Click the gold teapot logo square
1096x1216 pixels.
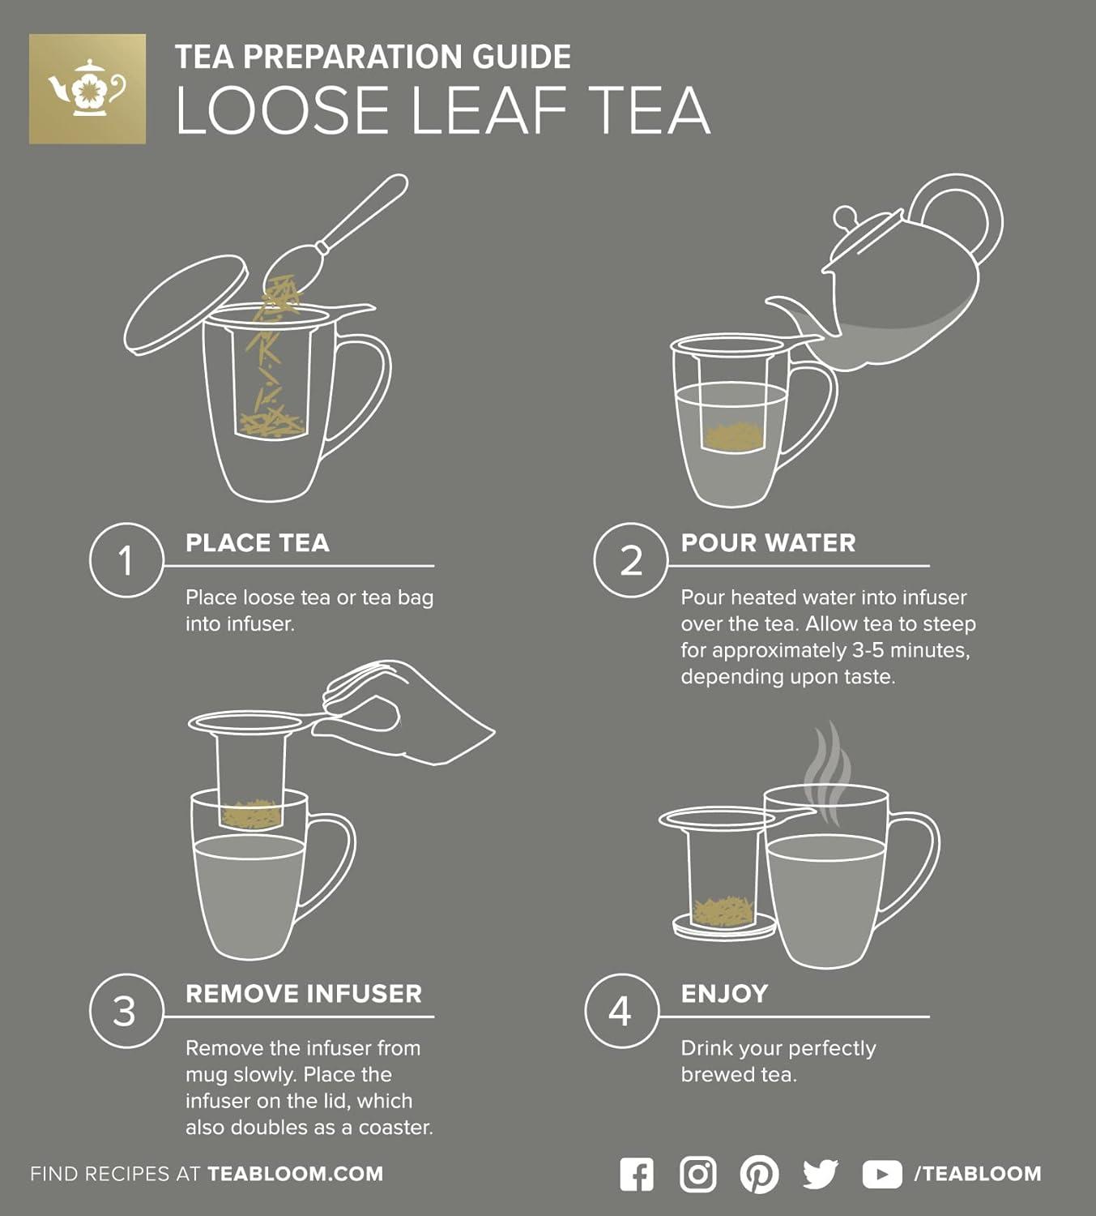click(x=87, y=89)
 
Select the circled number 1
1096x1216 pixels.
click(x=126, y=560)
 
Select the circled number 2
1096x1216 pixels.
click(x=630, y=560)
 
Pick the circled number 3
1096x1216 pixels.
click(x=125, y=1011)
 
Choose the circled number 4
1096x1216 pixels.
click(x=620, y=1011)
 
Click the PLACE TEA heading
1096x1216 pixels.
click(x=258, y=543)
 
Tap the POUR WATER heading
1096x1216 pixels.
click(x=768, y=543)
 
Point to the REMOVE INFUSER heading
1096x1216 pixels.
click(x=304, y=994)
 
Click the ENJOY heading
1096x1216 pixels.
click(x=724, y=994)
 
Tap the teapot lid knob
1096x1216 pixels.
click(x=845, y=217)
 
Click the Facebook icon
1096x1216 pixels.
click(x=637, y=1174)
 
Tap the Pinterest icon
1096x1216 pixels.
click(x=759, y=1174)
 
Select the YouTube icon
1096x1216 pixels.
click(x=881, y=1174)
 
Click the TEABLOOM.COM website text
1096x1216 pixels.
click(x=295, y=1174)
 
